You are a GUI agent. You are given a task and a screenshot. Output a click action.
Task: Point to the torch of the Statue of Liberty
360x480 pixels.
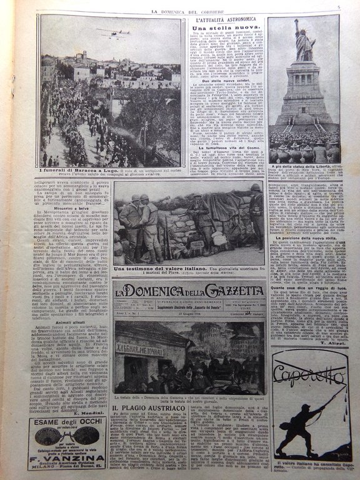coord(297,22)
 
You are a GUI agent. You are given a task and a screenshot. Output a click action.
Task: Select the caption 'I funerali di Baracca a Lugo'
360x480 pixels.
coord(77,171)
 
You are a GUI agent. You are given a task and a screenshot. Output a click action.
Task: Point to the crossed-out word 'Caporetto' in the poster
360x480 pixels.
coord(307,375)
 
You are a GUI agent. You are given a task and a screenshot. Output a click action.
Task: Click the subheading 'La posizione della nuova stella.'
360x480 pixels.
coord(304,239)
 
